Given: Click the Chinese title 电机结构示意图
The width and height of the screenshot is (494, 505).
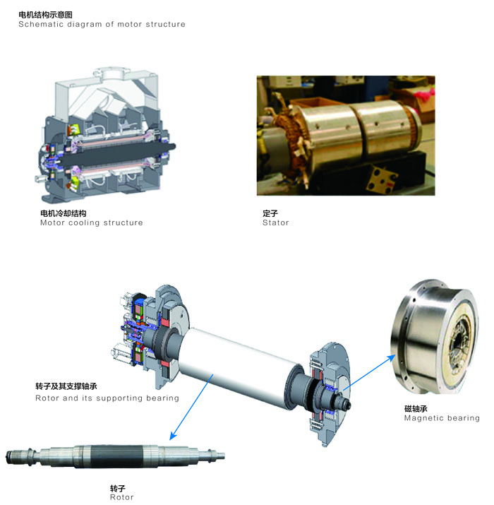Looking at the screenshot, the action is (45, 15).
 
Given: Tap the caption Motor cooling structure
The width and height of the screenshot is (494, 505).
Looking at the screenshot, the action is (92, 222).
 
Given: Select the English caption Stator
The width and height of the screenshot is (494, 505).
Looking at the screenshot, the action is (276, 222).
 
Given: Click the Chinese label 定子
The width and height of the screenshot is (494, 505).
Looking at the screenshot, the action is (270, 213).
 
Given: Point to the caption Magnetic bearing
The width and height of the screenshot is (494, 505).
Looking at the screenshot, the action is (442, 418).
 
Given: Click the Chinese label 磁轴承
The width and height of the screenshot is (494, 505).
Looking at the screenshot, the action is (416, 408).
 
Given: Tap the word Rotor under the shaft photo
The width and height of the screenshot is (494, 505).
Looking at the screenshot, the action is (121, 497).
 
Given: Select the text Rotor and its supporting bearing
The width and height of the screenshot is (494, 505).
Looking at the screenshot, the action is (107, 398).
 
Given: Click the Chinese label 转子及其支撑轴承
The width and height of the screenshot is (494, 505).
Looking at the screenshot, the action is (66, 386).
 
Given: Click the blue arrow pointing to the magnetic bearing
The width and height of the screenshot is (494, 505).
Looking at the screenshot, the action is (369, 373).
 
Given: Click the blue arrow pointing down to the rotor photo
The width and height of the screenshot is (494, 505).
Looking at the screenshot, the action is (191, 407).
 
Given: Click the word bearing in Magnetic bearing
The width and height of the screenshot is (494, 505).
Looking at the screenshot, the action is (463, 418).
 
